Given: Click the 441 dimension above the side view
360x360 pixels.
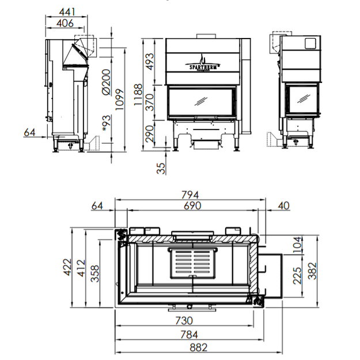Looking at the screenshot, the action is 67,12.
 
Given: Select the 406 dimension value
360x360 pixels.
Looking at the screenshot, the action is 65,23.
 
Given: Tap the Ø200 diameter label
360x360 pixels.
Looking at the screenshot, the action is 107,82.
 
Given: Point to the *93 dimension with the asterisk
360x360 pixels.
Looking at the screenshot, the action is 107,123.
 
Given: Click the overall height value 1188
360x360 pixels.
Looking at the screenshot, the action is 138,94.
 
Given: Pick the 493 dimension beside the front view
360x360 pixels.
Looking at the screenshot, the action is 150,62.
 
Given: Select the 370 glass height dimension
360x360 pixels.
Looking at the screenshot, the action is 150,102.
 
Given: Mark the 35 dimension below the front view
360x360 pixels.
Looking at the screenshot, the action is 161,168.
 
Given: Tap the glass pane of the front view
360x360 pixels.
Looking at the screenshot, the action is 200,101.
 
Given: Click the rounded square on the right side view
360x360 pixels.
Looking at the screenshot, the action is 310,43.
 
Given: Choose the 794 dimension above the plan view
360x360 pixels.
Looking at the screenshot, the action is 190,195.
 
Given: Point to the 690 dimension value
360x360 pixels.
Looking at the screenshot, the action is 192,206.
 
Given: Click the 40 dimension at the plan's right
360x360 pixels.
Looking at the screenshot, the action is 284,206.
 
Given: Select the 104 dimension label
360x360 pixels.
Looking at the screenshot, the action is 297,245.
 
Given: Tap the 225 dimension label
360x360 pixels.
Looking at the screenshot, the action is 297,275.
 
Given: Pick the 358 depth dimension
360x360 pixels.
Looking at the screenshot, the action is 95,274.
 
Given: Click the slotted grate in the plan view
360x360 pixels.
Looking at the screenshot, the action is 193,263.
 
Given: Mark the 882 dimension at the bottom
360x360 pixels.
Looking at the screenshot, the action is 198,347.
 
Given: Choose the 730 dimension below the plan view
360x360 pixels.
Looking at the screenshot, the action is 184,321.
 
